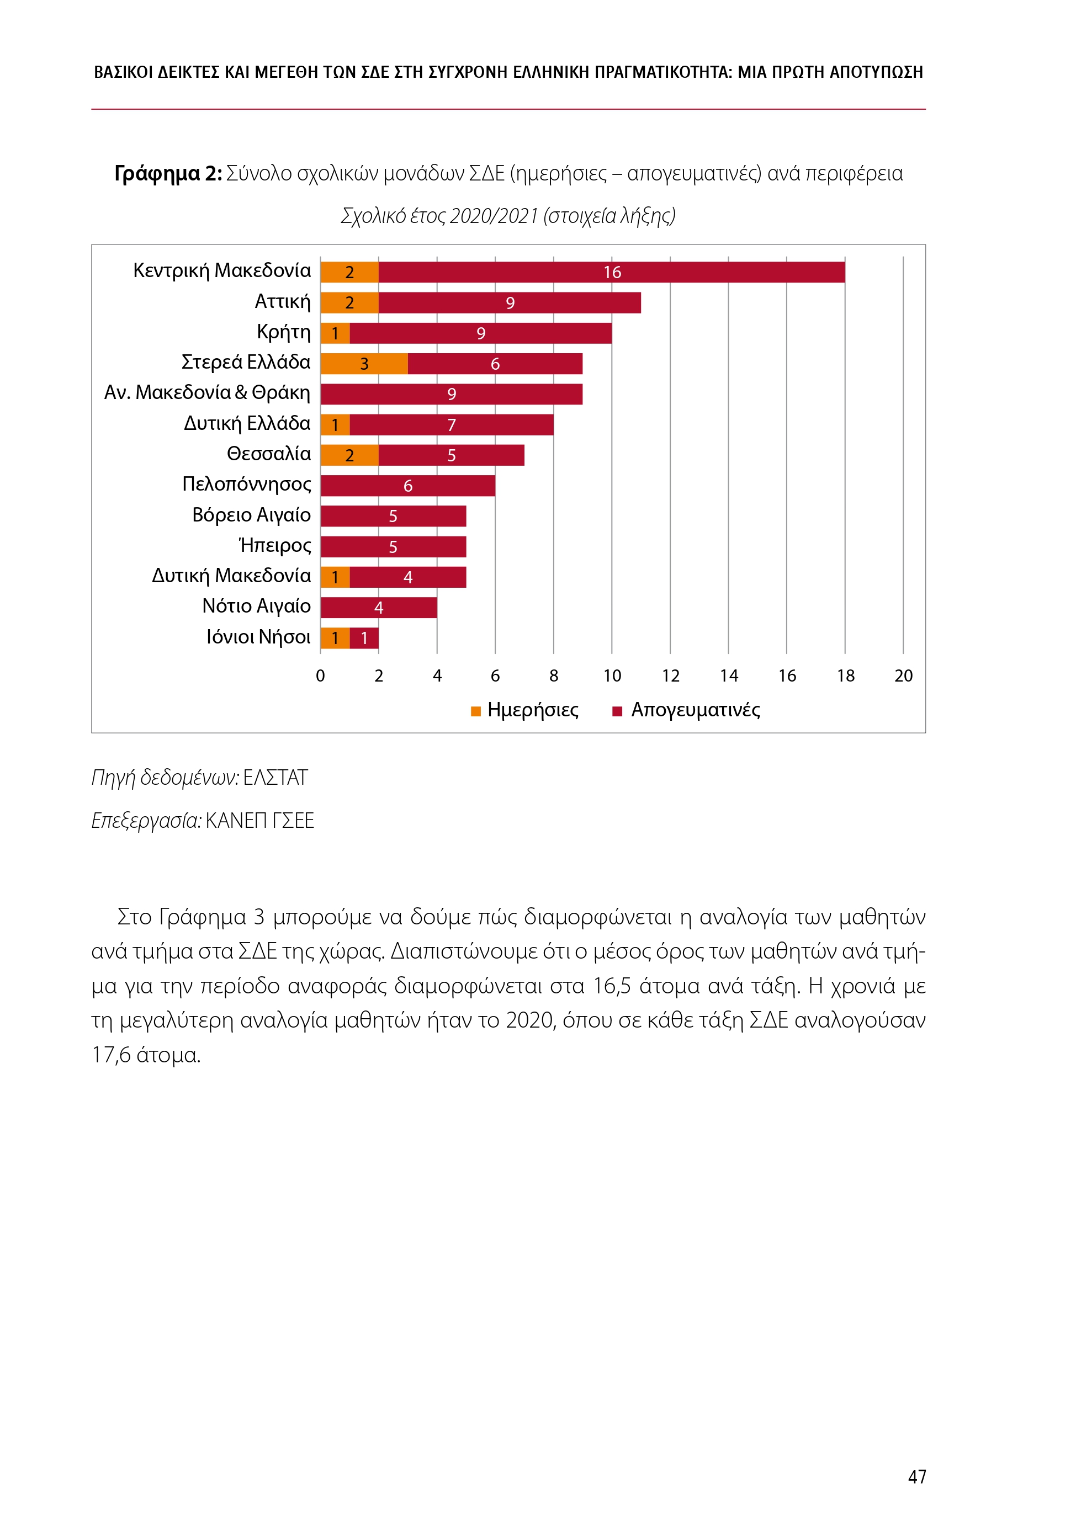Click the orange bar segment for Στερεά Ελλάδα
tap(364, 364)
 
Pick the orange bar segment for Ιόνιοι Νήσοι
tap(335, 639)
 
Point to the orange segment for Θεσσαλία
tap(349, 455)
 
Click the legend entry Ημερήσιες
tap(532, 710)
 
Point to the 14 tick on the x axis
tap(729, 676)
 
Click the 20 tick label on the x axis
tap(903, 676)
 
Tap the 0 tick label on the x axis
tap(320, 676)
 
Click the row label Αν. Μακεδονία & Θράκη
tap(207, 392)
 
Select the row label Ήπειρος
tap(275, 546)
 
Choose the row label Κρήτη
tap(284, 332)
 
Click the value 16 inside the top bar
tap(612, 272)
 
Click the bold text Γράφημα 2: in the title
tap(168, 173)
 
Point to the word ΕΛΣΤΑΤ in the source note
tap(275, 778)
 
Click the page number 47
tap(917, 1477)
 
